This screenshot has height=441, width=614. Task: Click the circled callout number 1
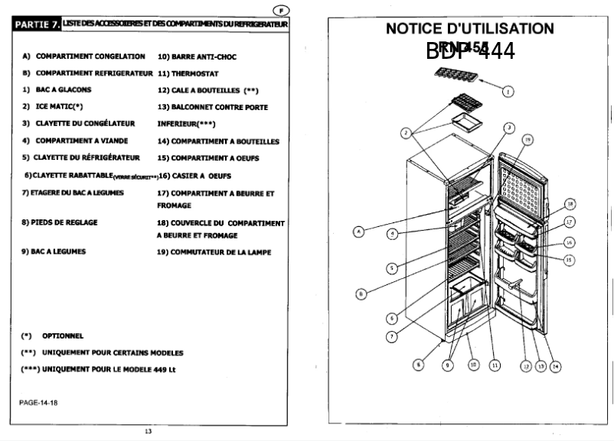507,91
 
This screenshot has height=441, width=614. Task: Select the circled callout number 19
527,139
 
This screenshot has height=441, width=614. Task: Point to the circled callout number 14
555,365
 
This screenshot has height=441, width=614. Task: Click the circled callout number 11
494,365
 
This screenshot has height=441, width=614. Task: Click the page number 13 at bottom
148,431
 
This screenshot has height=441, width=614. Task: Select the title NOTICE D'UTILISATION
470,29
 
